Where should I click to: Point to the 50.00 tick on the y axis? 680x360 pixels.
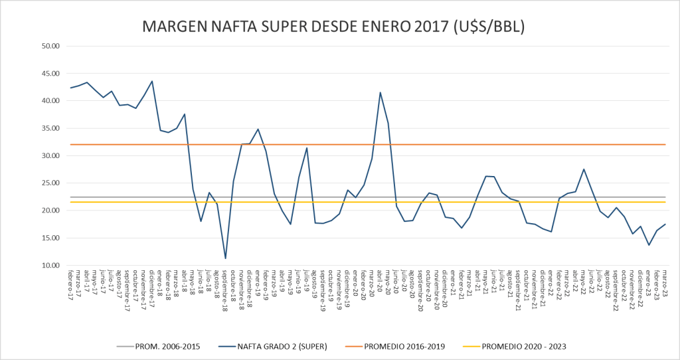tap(51, 46)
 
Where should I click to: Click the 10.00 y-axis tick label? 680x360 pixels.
tap(51, 266)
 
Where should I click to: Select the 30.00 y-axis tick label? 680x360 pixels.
tap(51, 156)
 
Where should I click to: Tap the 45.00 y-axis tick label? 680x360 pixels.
tap(51, 74)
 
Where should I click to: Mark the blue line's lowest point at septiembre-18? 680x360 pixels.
tap(226, 258)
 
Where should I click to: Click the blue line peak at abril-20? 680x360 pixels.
tap(380, 93)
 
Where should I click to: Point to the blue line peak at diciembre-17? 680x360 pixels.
tap(152, 82)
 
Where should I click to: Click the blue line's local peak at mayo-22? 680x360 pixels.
tap(583, 169)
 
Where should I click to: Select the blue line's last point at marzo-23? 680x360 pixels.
tap(665, 225)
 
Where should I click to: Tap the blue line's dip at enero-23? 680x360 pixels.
tap(649, 245)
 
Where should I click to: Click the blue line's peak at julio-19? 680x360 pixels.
tap(307, 148)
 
